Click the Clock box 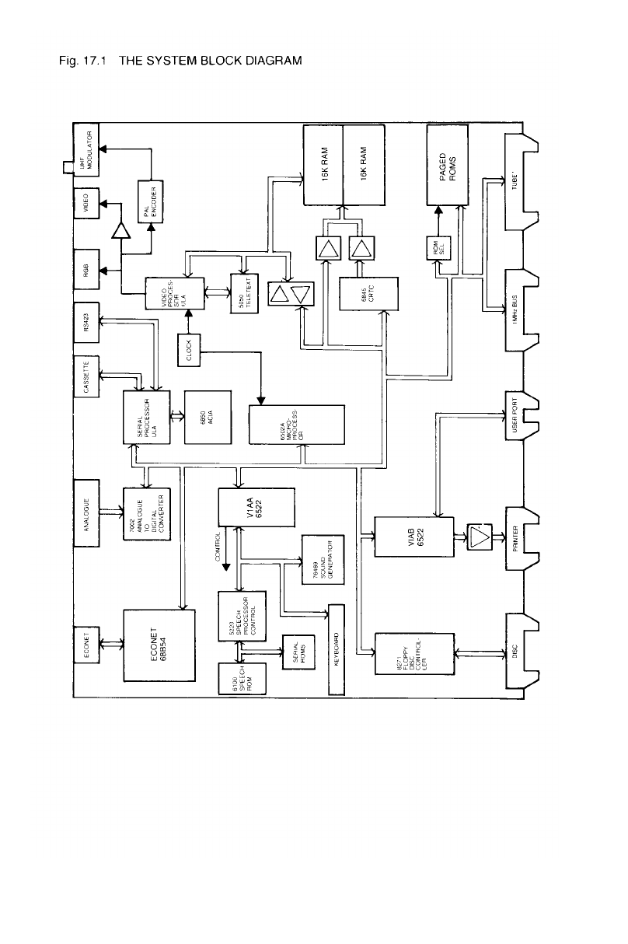pyautogui.click(x=189, y=350)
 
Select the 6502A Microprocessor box pyautogui.click(x=296, y=425)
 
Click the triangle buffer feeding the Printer pyautogui.click(x=480, y=537)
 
